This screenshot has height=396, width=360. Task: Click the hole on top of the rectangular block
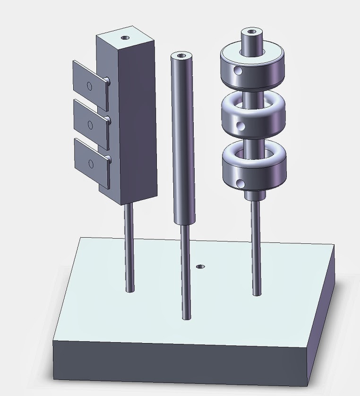pos(125,37)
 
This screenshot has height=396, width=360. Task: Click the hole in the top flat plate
pos(89,86)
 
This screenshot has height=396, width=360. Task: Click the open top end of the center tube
pos(181,56)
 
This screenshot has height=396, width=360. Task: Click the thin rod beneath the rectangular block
pos(129,246)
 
